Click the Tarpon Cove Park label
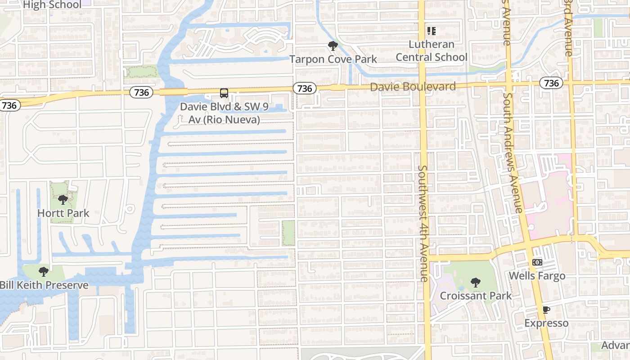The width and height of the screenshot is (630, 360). click(x=333, y=59)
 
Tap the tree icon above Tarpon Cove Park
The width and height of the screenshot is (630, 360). click(x=333, y=45)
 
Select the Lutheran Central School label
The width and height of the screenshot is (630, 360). click(x=432, y=51)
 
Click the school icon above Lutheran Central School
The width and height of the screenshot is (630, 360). click(x=432, y=31)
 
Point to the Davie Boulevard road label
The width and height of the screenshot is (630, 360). click(x=413, y=86)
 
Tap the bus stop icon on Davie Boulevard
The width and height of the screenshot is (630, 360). click(x=224, y=93)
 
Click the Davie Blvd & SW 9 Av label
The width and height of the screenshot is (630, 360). click(x=220, y=113)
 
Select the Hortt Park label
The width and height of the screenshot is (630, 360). click(x=63, y=213)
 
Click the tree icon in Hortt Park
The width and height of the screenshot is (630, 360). click(x=63, y=200)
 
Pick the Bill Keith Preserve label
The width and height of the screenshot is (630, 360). click(x=44, y=285)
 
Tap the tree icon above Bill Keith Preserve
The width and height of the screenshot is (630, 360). click(x=43, y=272)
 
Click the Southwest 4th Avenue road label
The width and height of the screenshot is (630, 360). click(x=423, y=223)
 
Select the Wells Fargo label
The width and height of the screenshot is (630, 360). click(x=537, y=275)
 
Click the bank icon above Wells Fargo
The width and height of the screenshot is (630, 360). click(x=537, y=262)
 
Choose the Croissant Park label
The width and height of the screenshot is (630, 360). click(x=476, y=296)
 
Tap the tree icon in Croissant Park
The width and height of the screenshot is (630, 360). click(x=475, y=283)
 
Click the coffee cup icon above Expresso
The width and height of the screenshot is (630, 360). click(x=546, y=310)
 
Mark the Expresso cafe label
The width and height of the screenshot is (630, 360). click(x=546, y=323)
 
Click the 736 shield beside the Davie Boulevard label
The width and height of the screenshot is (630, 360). click(x=305, y=88)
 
